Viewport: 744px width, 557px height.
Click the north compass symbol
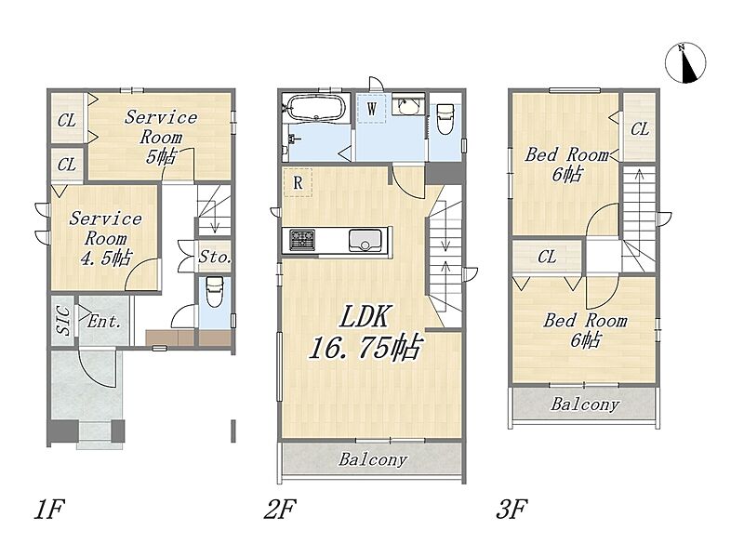[x=685, y=62]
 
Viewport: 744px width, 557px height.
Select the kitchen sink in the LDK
[x=365, y=240]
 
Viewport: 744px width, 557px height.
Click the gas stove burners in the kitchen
[x=301, y=240]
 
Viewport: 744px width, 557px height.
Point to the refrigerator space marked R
[x=298, y=182]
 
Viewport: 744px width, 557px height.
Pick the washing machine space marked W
[x=371, y=109]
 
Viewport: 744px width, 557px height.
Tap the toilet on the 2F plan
[x=445, y=119]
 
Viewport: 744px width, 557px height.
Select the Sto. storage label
[x=215, y=258]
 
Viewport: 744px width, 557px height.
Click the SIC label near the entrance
[x=63, y=320]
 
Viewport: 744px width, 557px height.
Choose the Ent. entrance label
[x=104, y=322]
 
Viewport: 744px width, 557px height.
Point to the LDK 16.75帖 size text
[x=365, y=333]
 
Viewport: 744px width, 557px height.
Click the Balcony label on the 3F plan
[x=585, y=404]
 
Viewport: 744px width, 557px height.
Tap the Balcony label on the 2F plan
[x=373, y=459]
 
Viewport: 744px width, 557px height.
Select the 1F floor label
[x=49, y=509]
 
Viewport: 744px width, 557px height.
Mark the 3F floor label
[x=511, y=509]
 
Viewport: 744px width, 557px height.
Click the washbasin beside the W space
[x=407, y=105]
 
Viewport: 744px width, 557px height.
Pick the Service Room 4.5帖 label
[x=105, y=238]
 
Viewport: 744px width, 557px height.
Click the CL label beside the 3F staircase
[x=640, y=128]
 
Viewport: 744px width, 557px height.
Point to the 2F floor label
[x=280, y=509]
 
